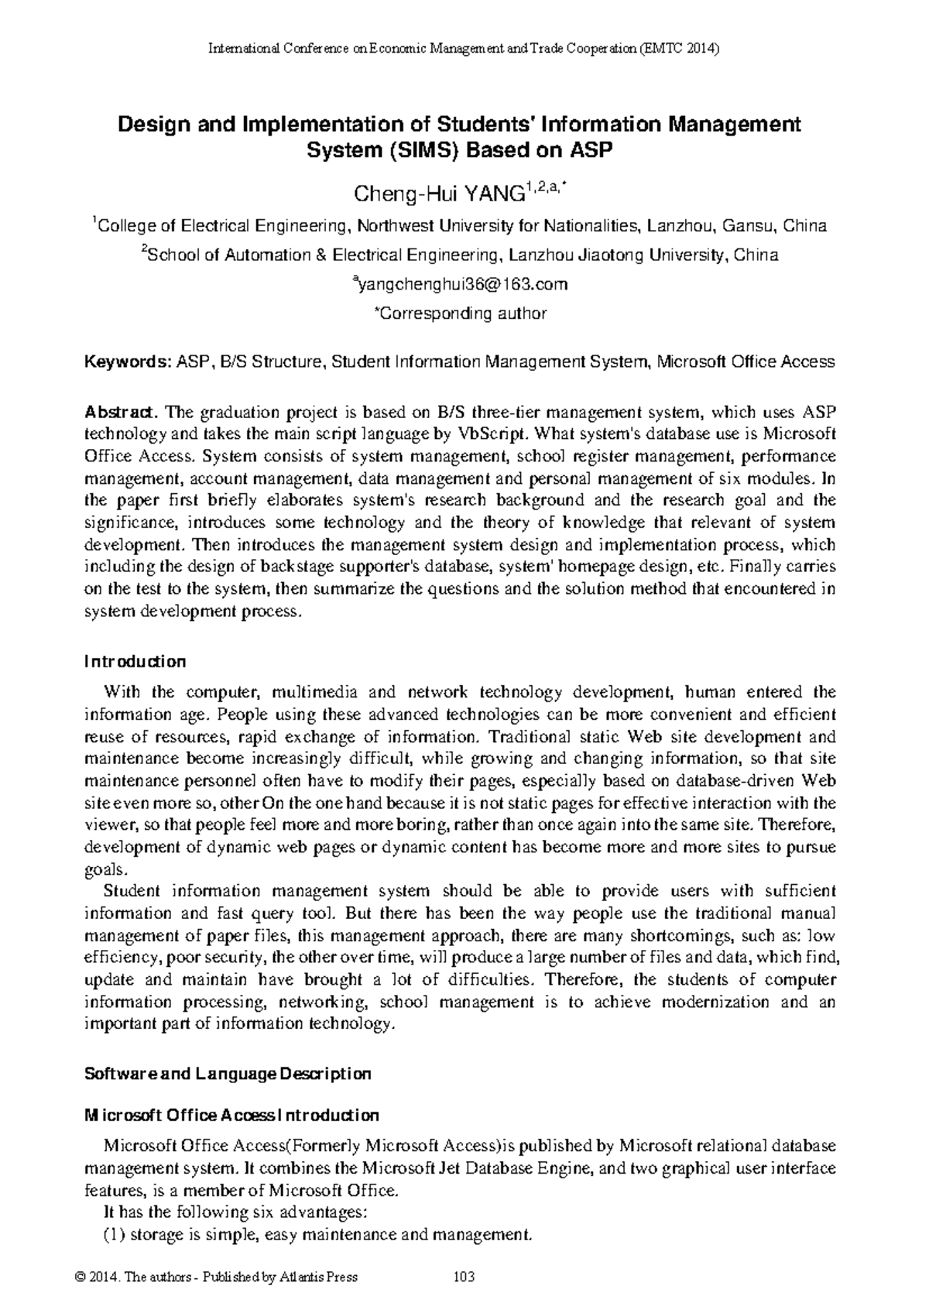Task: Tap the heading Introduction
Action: point(135,662)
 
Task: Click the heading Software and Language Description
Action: point(228,1074)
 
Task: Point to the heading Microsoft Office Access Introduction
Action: point(231,1116)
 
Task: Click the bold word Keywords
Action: point(128,362)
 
